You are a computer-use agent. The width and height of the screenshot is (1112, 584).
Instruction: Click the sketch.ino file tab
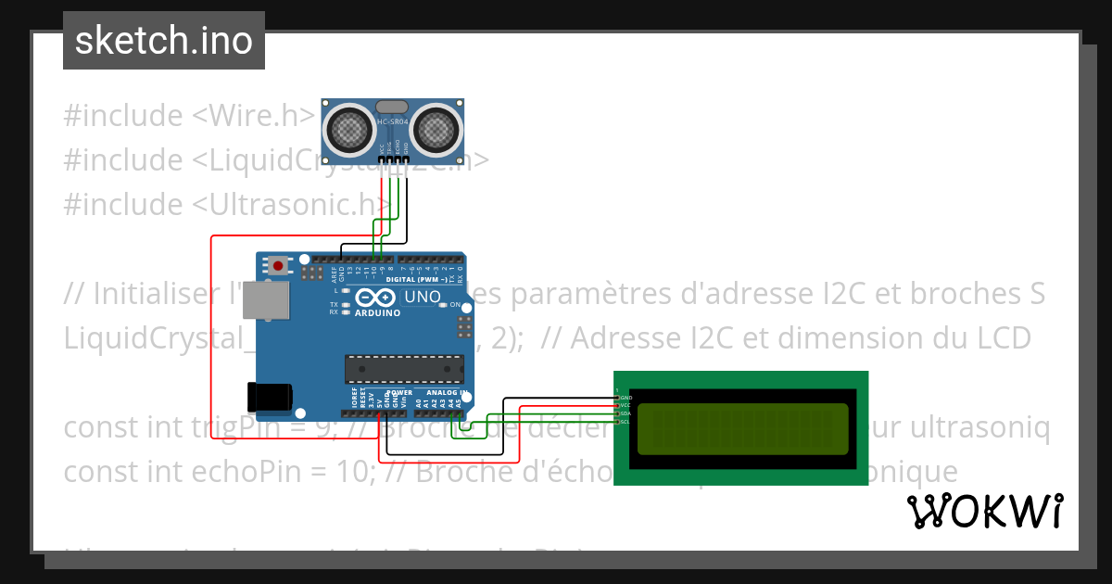point(164,41)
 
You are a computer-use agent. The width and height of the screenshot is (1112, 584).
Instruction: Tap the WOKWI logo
point(984,511)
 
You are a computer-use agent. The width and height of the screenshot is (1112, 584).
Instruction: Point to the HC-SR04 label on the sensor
point(392,121)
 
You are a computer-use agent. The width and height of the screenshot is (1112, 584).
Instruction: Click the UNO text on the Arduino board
point(422,298)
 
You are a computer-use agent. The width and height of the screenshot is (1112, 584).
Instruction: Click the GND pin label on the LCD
point(625,398)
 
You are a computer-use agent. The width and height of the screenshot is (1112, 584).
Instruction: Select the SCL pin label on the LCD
point(625,422)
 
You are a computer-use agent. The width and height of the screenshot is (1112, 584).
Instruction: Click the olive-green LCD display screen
point(740,428)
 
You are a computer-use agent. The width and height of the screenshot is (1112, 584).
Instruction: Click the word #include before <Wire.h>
point(123,116)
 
